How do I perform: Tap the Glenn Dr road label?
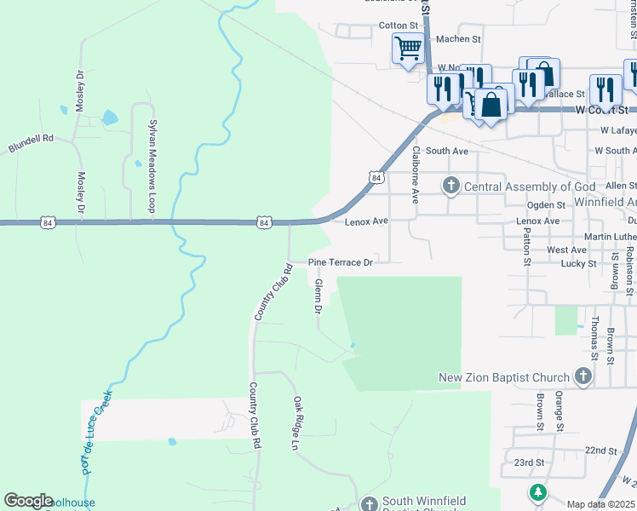(x=318, y=296)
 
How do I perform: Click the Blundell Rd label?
(x=31, y=142)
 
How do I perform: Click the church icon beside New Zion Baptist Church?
(x=582, y=376)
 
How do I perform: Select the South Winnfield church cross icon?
(x=369, y=504)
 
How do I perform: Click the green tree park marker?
(x=537, y=492)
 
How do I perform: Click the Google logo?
(x=27, y=501)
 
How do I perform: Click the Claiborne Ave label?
(x=416, y=174)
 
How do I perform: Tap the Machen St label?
(x=458, y=39)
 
